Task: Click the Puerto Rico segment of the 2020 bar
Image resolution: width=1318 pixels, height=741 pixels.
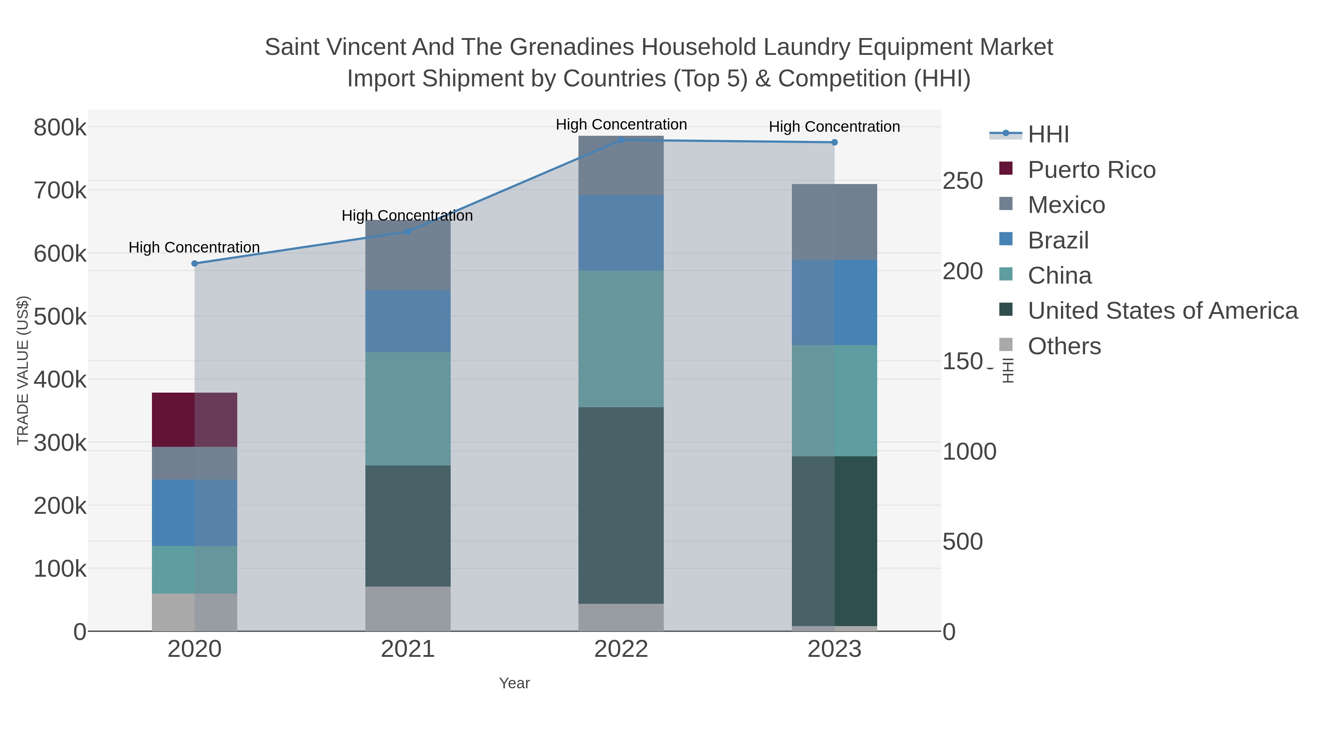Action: pos(194,419)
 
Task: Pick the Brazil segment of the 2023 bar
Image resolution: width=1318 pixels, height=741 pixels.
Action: pos(834,302)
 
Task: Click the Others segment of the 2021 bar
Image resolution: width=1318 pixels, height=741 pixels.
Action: pos(408,608)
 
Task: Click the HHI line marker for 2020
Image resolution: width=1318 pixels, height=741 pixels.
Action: pos(194,263)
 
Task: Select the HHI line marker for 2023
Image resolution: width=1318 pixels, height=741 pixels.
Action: pos(834,142)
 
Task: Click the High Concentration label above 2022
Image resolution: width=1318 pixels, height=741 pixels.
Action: pos(621,124)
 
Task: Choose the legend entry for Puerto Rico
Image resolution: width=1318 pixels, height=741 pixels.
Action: pos(1091,170)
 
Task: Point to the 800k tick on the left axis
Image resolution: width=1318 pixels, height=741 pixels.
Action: pos(60,128)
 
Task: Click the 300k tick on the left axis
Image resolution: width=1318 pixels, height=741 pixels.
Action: pos(60,443)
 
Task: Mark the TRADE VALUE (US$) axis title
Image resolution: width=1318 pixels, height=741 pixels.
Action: pos(23,370)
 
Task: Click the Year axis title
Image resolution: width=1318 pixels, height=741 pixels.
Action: pos(514,683)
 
